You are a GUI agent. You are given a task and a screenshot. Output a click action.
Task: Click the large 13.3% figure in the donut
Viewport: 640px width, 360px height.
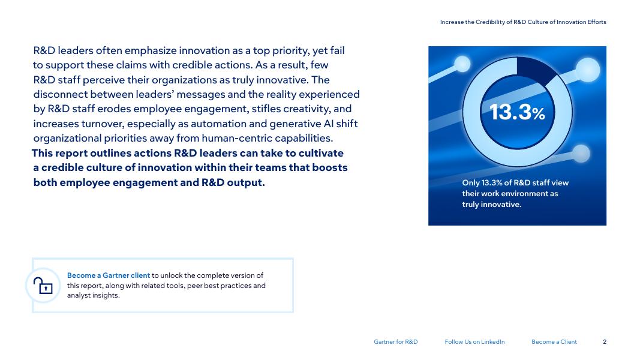pyautogui.click(x=517, y=112)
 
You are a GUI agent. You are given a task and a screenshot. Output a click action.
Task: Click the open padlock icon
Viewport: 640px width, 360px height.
pyautogui.click(x=43, y=286)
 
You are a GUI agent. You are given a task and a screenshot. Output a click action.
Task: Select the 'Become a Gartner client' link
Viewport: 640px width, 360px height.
pyautogui.click(x=109, y=275)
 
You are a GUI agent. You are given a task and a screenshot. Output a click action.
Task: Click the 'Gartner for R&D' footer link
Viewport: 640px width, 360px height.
pyautogui.click(x=395, y=341)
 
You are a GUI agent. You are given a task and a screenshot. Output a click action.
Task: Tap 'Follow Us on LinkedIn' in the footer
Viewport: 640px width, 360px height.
pyautogui.click(x=474, y=341)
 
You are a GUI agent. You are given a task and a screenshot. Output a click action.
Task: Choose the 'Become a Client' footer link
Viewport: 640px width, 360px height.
pyautogui.click(x=554, y=341)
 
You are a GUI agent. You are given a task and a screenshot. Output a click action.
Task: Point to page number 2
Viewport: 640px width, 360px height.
pyautogui.click(x=605, y=341)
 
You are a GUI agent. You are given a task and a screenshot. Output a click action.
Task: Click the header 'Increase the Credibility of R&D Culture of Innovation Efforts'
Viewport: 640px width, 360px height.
pyautogui.click(x=523, y=22)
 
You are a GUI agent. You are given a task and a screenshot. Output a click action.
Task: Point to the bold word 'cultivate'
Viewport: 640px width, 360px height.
pyautogui.click(x=321, y=153)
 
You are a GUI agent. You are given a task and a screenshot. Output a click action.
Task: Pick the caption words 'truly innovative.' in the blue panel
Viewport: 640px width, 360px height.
pyautogui.click(x=491, y=205)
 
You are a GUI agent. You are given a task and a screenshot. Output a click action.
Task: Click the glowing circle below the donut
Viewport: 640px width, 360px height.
pyautogui.click(x=581, y=154)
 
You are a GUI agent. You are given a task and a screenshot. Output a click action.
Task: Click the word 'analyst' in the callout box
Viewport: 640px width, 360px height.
pyautogui.click(x=79, y=296)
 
